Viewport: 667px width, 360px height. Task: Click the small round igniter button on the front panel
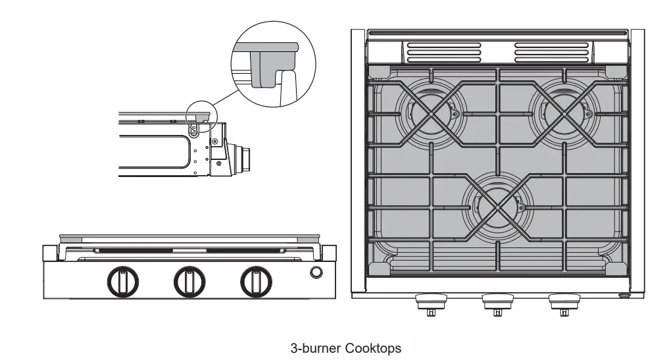(316, 272)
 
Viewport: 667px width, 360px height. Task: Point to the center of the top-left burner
(432, 113)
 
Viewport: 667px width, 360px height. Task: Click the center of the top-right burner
(564, 113)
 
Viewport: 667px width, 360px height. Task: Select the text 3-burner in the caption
(316, 347)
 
